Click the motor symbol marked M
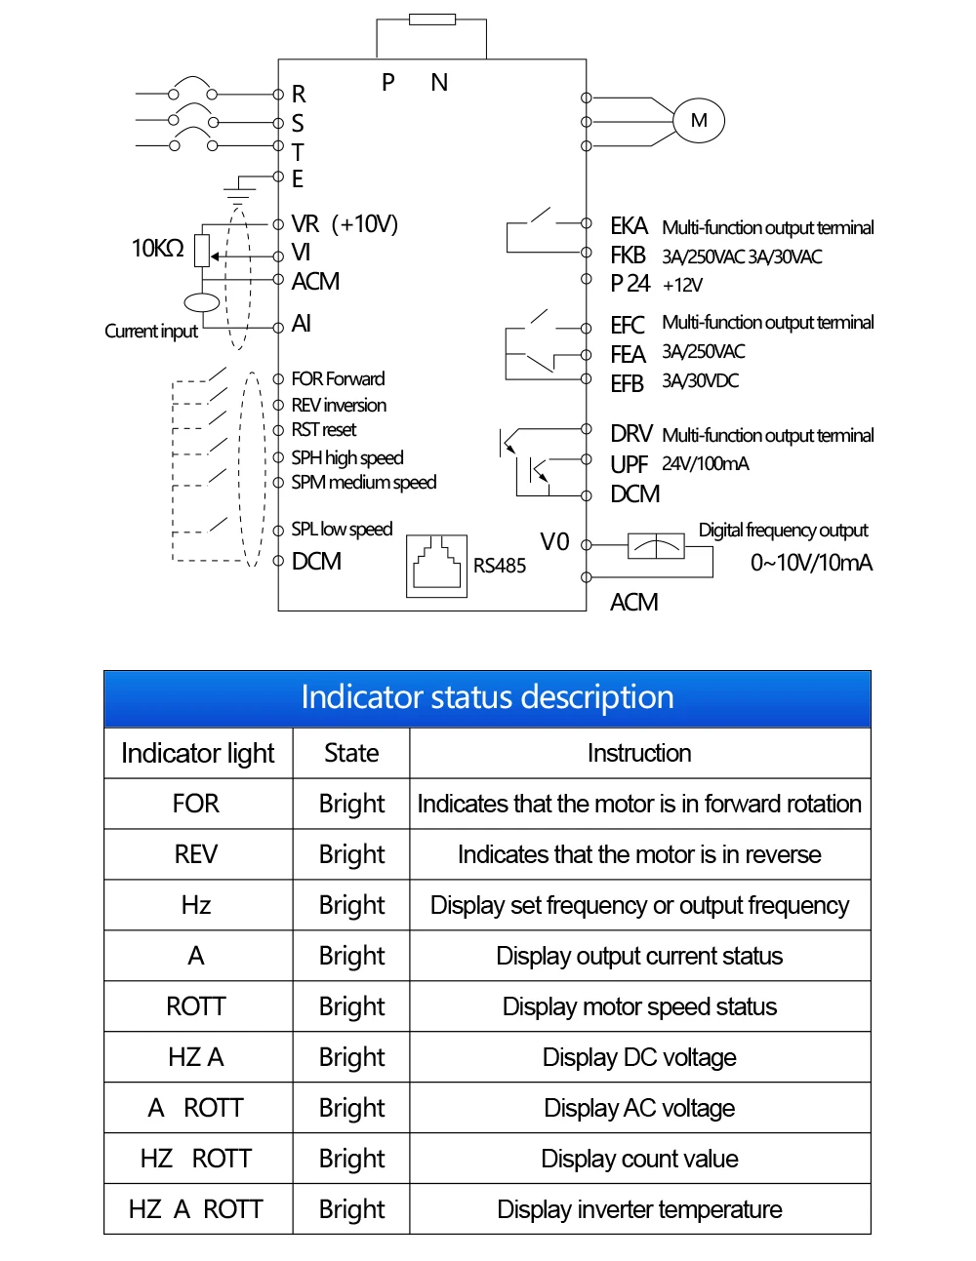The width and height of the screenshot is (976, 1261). pos(698,121)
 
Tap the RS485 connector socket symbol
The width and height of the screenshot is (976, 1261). pos(436,566)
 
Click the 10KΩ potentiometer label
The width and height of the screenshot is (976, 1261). pos(157,249)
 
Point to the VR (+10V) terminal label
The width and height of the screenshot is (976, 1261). pos(345,224)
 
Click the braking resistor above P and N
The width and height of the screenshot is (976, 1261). pos(432,20)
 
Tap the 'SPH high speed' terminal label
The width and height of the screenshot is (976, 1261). pos(347,457)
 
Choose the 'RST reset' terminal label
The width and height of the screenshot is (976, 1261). pos(323,429)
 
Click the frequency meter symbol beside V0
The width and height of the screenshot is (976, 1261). pos(656,546)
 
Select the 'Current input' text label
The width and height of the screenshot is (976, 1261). pos(151,332)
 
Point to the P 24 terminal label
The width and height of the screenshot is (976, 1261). pos(630,283)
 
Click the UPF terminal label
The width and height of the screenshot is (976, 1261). pos(629,464)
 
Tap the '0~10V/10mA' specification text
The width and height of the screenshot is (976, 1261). pos(811,563)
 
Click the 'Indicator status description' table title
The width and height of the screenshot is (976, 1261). pos(487,697)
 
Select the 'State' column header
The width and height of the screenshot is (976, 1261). pos(351,753)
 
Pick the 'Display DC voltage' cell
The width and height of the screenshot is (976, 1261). pos(639,1057)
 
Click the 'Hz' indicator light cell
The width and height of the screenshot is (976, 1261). pos(195,905)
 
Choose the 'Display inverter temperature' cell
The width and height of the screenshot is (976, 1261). pos(639,1208)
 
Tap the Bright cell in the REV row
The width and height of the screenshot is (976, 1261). pos(351,854)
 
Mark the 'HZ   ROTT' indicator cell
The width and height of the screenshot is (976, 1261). pos(195,1159)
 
